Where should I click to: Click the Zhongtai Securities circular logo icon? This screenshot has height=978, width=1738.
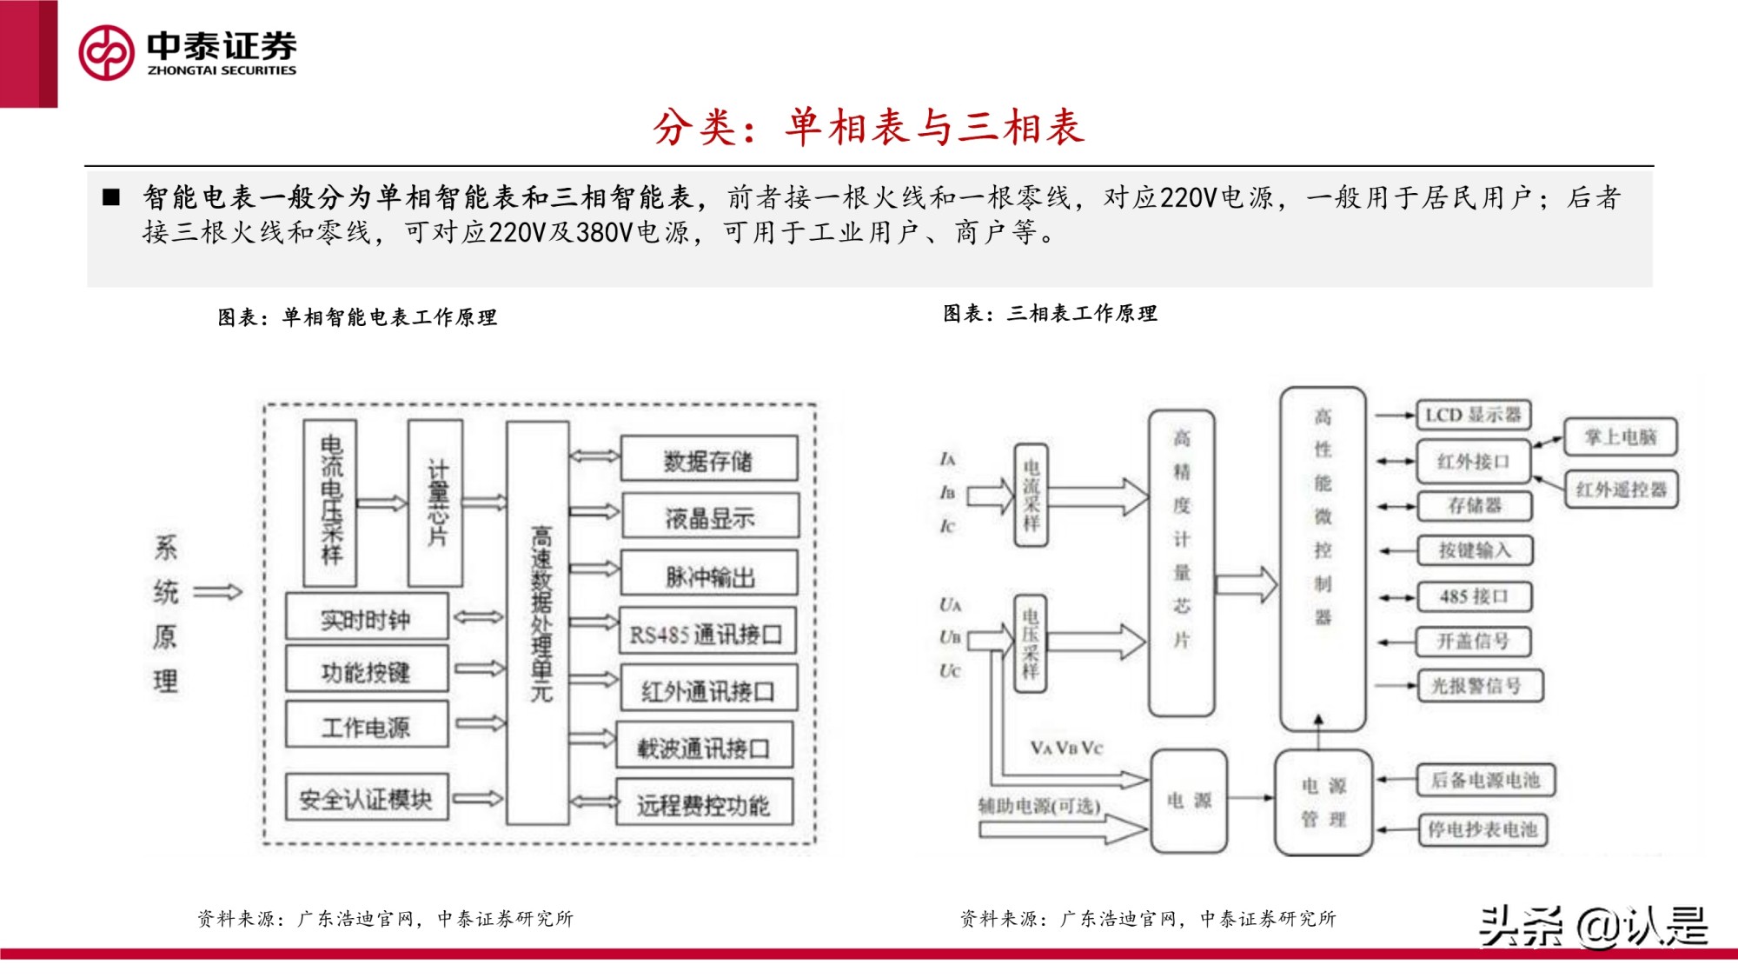(x=106, y=53)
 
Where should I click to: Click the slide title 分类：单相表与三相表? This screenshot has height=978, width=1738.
(x=868, y=127)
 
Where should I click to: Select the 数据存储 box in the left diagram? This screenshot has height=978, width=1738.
(x=708, y=460)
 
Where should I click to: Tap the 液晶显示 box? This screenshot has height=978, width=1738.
(x=709, y=517)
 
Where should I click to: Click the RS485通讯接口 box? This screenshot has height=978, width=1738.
(x=706, y=633)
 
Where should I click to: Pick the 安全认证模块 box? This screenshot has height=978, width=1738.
(x=366, y=798)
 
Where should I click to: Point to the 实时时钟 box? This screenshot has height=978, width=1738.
(x=366, y=618)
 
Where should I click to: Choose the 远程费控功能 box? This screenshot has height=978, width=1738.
(x=704, y=804)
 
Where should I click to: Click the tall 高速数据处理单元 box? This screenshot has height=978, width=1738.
(x=539, y=622)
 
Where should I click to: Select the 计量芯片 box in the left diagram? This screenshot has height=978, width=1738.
(x=435, y=502)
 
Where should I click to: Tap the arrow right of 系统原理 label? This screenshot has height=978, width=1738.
(x=217, y=593)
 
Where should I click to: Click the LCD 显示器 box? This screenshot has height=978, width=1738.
(x=1473, y=415)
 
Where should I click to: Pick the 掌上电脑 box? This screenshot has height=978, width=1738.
(x=1621, y=436)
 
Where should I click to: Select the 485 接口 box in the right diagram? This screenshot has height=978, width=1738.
(x=1474, y=596)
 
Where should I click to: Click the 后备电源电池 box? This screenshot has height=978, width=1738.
(x=1485, y=780)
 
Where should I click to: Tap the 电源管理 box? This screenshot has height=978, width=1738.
(x=1323, y=802)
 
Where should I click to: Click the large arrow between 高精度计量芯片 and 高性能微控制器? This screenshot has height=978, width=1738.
(x=1246, y=584)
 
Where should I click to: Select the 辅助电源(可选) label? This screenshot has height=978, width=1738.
(x=1039, y=806)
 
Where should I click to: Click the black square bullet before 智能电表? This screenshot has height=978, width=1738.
(x=111, y=197)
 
